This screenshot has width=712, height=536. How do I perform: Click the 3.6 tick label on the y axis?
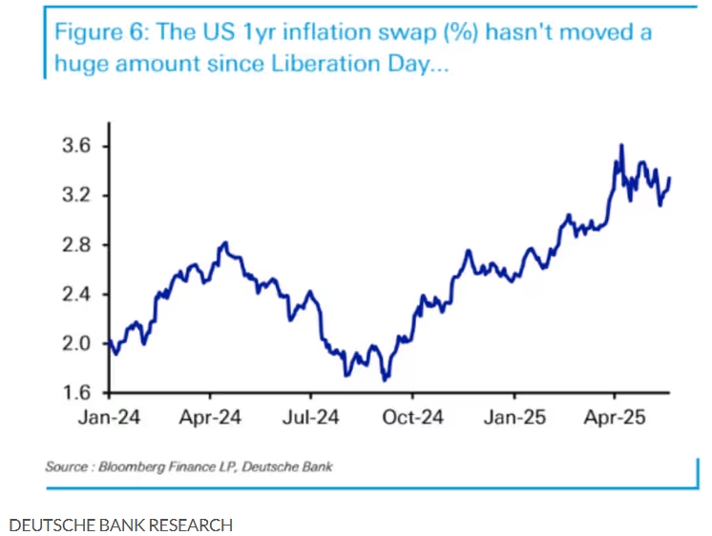point(76,146)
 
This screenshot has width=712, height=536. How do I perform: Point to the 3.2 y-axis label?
point(76,196)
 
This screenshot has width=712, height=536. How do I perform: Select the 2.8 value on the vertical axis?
point(76,245)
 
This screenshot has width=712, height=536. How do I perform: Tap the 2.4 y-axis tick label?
point(76,295)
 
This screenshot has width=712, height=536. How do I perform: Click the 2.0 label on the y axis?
point(76,343)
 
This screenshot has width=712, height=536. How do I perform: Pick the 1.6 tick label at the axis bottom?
point(76,393)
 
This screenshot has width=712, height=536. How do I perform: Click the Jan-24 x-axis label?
point(108,417)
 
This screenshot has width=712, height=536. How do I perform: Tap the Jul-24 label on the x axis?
point(311,417)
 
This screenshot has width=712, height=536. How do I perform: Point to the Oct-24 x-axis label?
point(412,417)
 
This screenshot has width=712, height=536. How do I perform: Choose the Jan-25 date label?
point(514,417)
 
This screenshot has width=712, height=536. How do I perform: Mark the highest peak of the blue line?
point(621,146)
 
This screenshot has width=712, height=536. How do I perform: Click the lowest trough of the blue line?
point(384,380)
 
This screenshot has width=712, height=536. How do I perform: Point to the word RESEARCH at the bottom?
point(190,525)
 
